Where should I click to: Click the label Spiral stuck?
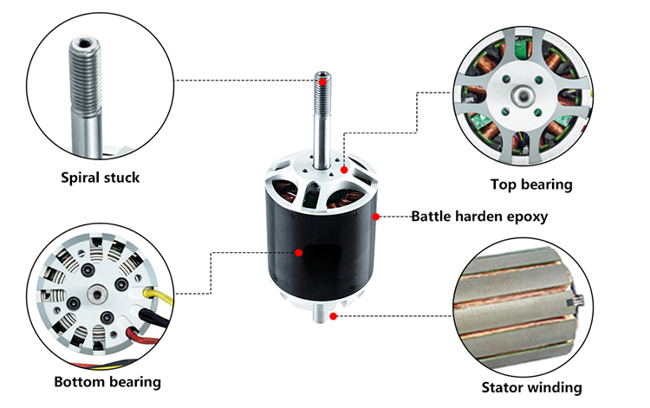pos(101,178)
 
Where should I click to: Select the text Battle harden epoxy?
pos(478,216)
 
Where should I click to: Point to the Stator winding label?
pos(531,387)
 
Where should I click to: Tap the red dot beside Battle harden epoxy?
pos(375,215)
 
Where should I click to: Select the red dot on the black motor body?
pos(299,253)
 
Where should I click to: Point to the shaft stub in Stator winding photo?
pos(575,302)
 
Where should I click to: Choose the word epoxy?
pos(528,216)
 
